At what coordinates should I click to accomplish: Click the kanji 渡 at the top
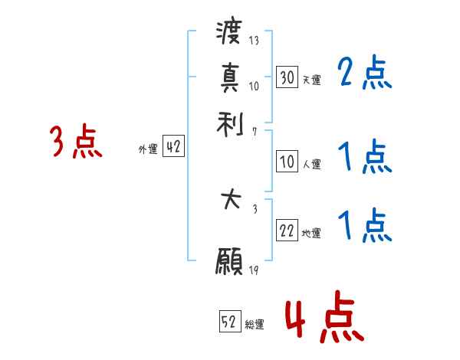click(x=230, y=34)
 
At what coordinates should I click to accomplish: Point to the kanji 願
click(x=230, y=263)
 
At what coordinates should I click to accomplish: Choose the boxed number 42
click(x=173, y=148)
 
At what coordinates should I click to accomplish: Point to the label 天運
click(x=312, y=80)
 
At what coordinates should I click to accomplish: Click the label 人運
click(x=312, y=164)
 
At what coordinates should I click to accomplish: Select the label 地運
click(x=312, y=234)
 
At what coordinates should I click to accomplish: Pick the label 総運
click(x=255, y=325)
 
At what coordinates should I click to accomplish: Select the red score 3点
click(x=76, y=142)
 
